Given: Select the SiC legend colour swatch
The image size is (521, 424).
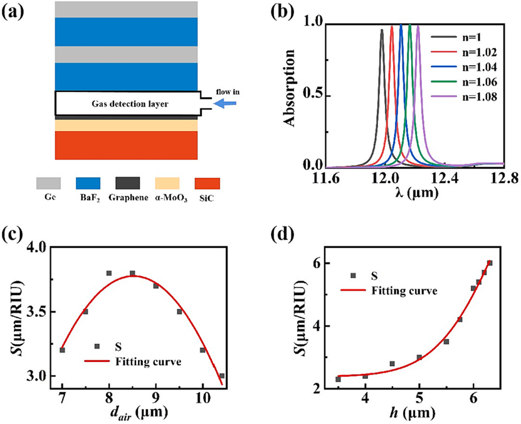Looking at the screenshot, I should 208,183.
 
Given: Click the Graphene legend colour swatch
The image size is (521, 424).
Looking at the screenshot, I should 128,183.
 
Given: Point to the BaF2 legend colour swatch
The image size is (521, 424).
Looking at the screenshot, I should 88,183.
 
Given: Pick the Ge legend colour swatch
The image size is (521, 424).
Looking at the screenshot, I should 48,183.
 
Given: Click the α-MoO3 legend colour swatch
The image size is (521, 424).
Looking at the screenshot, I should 167,183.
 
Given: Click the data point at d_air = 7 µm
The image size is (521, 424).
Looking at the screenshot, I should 62,350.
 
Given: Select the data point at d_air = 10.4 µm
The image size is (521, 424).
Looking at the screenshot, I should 222,376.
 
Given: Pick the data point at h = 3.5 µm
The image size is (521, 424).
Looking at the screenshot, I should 338,379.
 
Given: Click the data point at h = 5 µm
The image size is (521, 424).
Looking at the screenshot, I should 419,358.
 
